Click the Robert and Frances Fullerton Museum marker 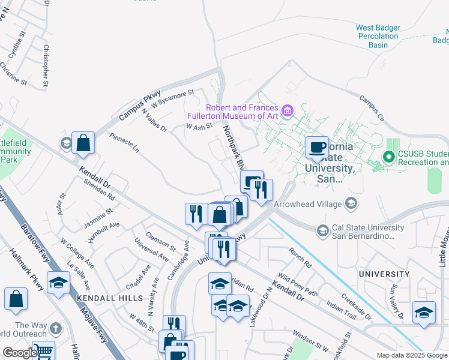click(x=287, y=110)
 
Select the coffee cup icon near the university click(x=317, y=147)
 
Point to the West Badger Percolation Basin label click(x=377, y=36)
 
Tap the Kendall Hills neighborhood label click(x=109, y=298)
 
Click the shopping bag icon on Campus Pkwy click(x=83, y=143)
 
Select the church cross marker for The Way click(x=55, y=329)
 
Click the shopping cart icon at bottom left click(x=43, y=351)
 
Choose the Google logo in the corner click(x=19, y=353)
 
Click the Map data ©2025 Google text click(x=412, y=355)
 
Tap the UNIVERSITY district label click(x=384, y=274)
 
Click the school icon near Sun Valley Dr click(x=424, y=312)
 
